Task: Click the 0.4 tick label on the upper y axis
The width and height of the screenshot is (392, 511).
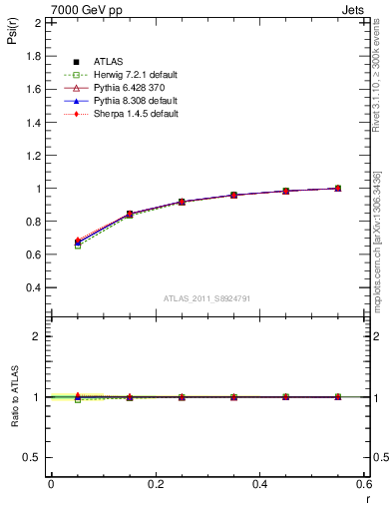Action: click(33, 287)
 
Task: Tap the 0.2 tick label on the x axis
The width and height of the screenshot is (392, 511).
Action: click(156, 483)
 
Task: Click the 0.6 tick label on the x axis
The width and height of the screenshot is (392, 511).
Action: click(363, 483)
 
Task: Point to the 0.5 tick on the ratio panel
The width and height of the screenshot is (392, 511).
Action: click(33, 457)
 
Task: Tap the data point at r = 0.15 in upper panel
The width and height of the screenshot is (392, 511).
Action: click(130, 214)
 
